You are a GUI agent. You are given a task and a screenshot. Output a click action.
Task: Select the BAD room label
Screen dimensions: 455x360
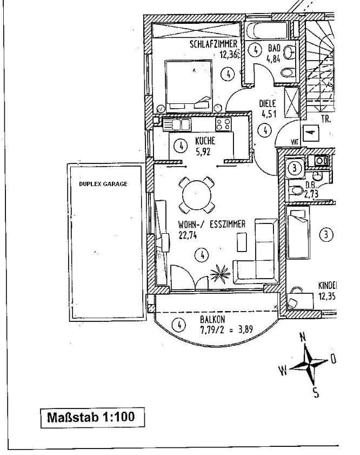coord(275,48)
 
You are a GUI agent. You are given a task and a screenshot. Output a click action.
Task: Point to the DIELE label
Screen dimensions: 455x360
coord(268,103)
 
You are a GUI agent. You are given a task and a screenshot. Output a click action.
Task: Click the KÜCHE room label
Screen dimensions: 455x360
coord(205,141)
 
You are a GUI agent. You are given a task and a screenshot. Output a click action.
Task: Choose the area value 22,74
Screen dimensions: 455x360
coord(187,235)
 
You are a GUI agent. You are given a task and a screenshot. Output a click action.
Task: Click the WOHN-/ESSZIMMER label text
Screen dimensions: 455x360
coord(211,224)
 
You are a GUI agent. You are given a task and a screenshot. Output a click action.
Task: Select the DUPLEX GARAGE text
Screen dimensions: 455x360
coord(103,184)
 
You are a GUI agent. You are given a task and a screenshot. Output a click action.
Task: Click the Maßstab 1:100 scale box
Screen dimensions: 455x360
coord(92,417)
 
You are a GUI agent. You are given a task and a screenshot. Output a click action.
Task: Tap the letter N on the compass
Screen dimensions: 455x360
coord(303,337)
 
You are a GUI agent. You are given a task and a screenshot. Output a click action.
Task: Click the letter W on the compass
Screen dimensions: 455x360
coord(283,371)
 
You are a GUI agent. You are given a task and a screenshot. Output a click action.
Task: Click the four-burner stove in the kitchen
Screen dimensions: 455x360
coord(223,124)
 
